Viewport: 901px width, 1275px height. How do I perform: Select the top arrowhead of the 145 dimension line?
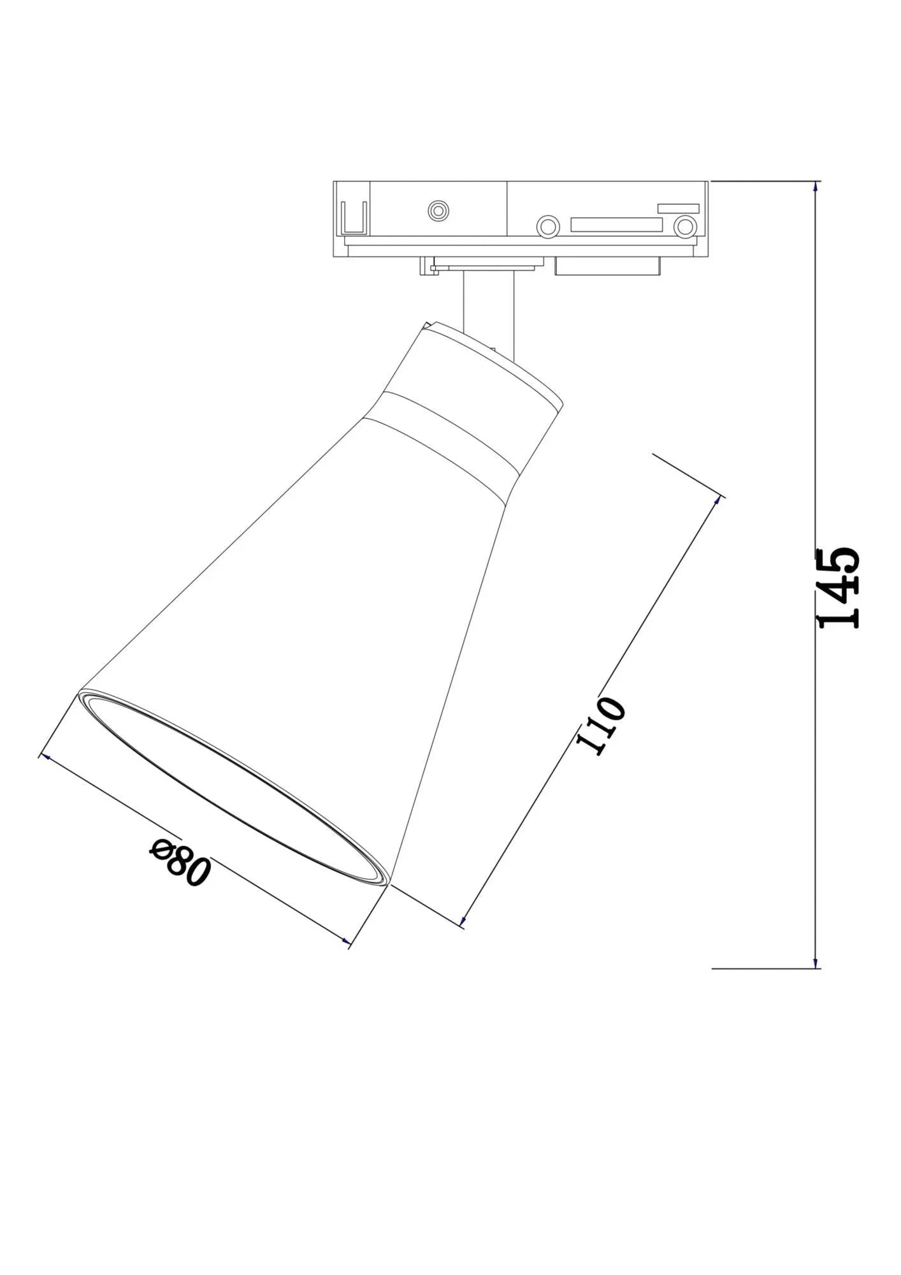tap(816, 186)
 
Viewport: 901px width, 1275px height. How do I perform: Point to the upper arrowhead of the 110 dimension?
tap(719, 500)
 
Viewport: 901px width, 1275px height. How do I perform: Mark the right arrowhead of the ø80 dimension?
tap(346, 941)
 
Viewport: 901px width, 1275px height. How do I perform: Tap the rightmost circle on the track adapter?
tap(685, 226)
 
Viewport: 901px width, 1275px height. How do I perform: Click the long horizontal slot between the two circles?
tap(616, 224)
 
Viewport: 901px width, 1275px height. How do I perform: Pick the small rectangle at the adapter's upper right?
tap(678, 208)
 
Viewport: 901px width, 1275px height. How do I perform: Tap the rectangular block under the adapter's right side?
tap(606, 266)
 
